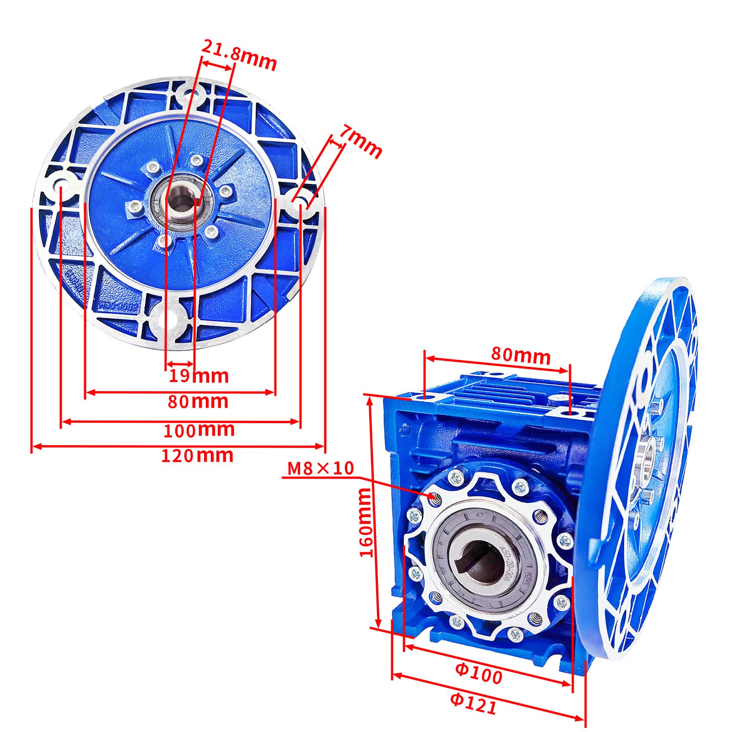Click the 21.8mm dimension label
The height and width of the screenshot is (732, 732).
(x=239, y=55)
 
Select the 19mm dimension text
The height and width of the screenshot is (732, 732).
(x=199, y=376)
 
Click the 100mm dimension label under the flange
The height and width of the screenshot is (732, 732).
(x=199, y=430)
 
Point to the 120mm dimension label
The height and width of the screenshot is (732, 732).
(x=197, y=456)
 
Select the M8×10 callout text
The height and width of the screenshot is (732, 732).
(x=320, y=468)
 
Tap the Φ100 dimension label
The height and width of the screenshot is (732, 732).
(x=479, y=673)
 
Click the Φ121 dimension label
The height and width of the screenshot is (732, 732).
(x=473, y=704)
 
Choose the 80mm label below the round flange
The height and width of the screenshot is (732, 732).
(x=198, y=401)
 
